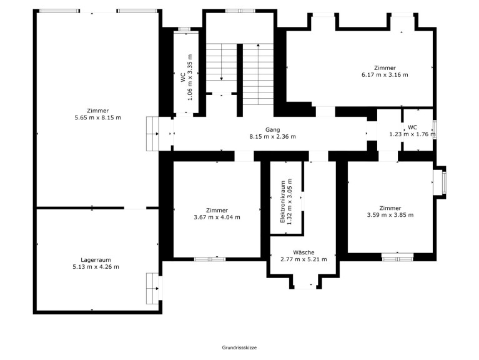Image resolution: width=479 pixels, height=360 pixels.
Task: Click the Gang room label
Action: (x=272, y=130)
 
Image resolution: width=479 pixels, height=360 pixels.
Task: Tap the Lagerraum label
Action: (x=96, y=260)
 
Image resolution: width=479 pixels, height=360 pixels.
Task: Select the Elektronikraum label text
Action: (x=282, y=202)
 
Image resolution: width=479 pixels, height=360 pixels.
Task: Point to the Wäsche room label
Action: (x=304, y=252)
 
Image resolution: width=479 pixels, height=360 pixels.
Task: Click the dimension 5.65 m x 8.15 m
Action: (x=98, y=117)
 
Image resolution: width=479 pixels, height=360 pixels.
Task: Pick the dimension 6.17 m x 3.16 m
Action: (x=385, y=74)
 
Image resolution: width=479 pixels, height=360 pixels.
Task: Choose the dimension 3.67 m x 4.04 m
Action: (x=217, y=217)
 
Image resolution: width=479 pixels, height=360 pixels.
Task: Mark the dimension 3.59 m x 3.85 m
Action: (x=390, y=215)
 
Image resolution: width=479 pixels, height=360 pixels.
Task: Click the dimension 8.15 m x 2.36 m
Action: (x=272, y=137)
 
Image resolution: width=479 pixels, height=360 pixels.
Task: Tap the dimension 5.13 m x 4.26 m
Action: (x=96, y=267)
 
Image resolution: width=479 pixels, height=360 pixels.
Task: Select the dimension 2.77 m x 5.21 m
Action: (x=304, y=259)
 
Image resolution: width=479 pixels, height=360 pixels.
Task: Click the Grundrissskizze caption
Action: (x=240, y=347)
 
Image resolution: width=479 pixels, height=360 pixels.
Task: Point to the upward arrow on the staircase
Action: (x=258, y=74)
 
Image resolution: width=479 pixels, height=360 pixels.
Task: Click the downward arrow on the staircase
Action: (x=221, y=62)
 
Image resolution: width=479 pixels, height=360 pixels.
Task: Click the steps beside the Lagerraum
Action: (x=152, y=289)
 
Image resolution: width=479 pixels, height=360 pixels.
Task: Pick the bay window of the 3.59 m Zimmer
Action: (x=440, y=182)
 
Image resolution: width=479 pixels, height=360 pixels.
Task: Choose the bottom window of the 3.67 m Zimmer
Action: (x=210, y=259)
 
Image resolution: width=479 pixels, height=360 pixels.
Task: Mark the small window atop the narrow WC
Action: (x=184, y=29)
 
